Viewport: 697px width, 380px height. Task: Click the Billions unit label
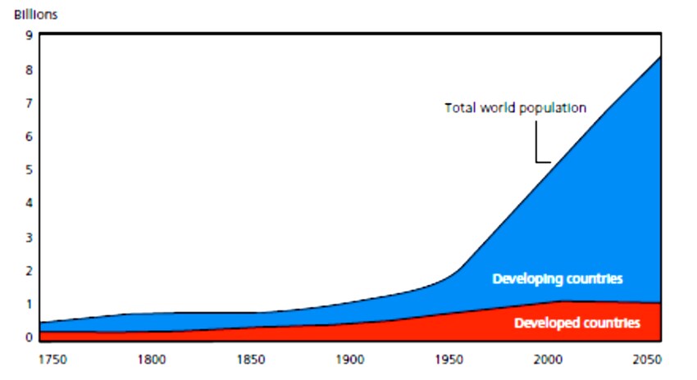[x=36, y=15]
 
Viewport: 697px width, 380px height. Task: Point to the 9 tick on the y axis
[x=29, y=35]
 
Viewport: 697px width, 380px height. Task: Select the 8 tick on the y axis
[x=29, y=70]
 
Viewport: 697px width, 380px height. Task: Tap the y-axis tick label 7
[x=29, y=103]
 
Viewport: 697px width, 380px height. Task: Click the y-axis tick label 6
[x=29, y=137]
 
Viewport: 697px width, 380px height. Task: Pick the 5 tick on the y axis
[x=29, y=170]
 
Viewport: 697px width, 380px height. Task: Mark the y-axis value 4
[x=29, y=204]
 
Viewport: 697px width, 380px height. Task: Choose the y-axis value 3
[x=29, y=237]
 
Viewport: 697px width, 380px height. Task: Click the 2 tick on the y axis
[x=29, y=271]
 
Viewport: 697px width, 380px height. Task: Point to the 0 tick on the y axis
[x=29, y=337]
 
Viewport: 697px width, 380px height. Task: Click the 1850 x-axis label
[x=251, y=358]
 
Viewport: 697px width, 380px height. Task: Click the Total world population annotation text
[x=515, y=107]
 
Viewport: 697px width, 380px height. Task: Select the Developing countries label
[x=558, y=279]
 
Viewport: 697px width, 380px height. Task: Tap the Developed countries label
[x=576, y=323]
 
